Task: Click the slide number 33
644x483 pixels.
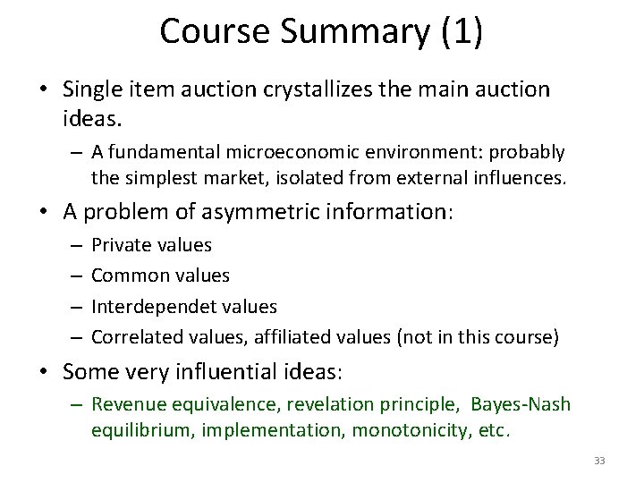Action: pyautogui.click(x=599, y=461)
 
